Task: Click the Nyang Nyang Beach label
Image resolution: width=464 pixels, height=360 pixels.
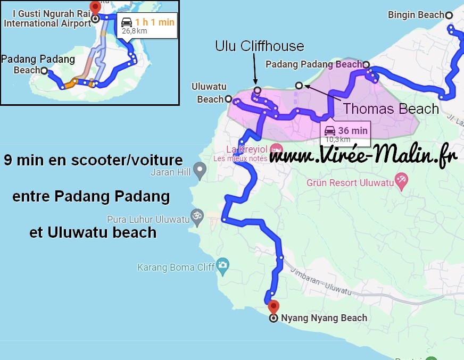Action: pyautogui.click(x=324, y=318)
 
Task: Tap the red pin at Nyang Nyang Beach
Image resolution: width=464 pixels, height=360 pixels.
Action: pyautogui.click(x=274, y=307)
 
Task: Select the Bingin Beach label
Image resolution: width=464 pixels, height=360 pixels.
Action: pyautogui.click(x=416, y=15)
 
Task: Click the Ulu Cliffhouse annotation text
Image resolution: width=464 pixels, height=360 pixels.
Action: pyautogui.click(x=259, y=46)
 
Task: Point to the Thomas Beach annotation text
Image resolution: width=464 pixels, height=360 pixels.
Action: pyautogui.click(x=391, y=109)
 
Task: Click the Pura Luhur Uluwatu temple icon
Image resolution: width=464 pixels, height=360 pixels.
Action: pyautogui.click(x=197, y=216)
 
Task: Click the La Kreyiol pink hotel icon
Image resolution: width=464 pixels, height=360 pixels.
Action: pyautogui.click(x=275, y=148)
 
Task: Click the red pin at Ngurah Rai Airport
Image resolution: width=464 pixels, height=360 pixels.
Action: pyautogui.click(x=95, y=7)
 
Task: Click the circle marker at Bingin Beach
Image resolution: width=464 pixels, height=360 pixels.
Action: pyautogui.click(x=449, y=15)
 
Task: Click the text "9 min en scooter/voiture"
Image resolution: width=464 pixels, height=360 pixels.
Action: pyautogui.click(x=93, y=160)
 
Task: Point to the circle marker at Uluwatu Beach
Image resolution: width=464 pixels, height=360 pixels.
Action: pyautogui.click(x=228, y=99)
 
